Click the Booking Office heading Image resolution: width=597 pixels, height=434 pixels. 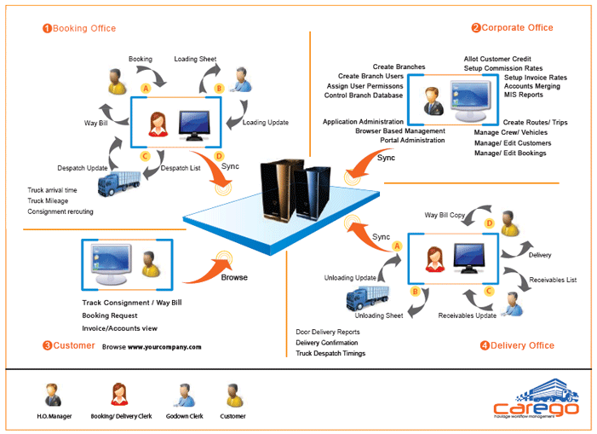82,28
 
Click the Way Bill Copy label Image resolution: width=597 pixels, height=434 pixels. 445,216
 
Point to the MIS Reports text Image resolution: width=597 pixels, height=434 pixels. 523,95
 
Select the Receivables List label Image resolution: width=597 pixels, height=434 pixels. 553,280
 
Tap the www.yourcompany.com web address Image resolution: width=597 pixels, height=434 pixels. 164,347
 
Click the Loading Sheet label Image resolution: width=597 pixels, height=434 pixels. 196,60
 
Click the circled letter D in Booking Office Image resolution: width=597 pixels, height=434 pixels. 220,156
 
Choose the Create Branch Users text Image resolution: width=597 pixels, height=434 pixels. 370,76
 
